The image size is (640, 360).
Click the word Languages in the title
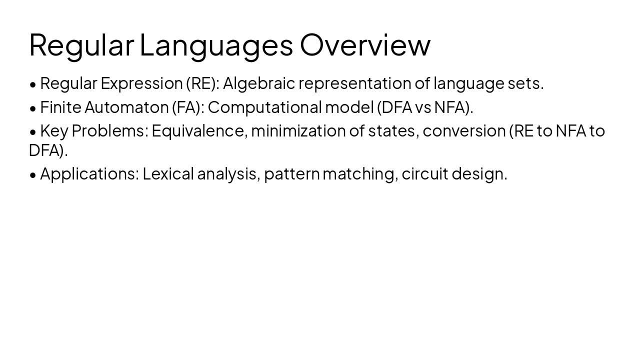tap(216, 45)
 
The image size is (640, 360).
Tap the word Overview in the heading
tap(365, 45)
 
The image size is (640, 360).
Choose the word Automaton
tap(126, 107)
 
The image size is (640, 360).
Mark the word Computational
tap(264, 107)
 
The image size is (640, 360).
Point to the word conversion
tap(464, 131)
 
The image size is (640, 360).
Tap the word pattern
tap(291, 174)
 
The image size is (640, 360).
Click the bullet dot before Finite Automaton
tap(33, 108)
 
